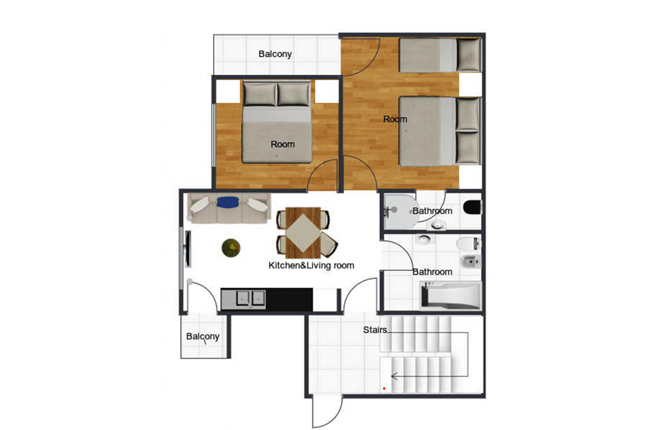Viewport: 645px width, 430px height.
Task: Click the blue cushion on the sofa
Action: coord(227,202)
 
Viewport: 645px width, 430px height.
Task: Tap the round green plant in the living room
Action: coord(231,247)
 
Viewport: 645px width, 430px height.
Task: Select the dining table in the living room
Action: coord(303,233)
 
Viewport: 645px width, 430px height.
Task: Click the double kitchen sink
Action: coord(250,298)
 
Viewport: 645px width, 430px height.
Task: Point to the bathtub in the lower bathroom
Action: coord(450,296)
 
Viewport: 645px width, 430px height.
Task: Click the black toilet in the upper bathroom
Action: coord(472,207)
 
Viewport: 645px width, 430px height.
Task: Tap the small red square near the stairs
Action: coord(384,389)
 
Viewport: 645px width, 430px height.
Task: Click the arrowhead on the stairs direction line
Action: coord(393,376)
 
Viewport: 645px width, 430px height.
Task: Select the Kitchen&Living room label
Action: coord(311,266)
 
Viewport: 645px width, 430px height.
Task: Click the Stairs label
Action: coord(375,330)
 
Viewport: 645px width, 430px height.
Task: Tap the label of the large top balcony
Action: coord(275,54)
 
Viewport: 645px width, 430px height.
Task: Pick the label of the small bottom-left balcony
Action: coord(203,336)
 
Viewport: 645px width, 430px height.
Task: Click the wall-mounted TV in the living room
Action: coord(188,249)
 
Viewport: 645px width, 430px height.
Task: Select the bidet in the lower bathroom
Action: coord(471,261)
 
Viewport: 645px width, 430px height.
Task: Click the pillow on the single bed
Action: coord(469,55)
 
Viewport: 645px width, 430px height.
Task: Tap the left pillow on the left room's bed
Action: coord(260,94)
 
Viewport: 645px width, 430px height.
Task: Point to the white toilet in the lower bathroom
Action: coord(469,243)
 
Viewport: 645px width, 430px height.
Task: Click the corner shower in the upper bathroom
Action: coord(401,212)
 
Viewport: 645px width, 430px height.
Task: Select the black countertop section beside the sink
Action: coord(289,299)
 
